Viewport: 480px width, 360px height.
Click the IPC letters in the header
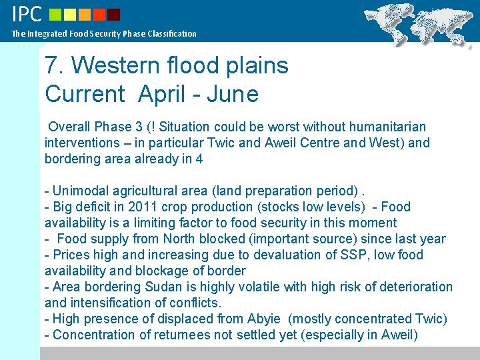click(x=27, y=14)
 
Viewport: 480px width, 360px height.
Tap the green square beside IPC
click(x=56, y=14)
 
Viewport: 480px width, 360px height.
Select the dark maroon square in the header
click(x=114, y=14)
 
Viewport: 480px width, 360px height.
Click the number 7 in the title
click(x=51, y=65)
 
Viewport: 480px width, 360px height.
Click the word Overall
click(x=70, y=127)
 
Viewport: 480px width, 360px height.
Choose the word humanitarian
click(x=388, y=127)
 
